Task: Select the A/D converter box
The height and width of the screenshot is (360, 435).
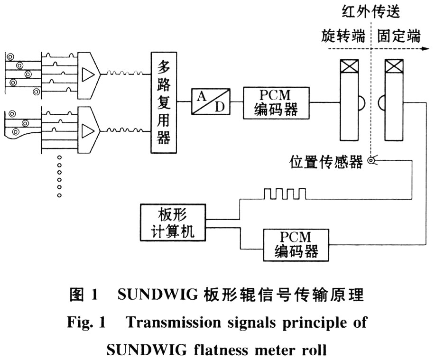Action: coord(211,101)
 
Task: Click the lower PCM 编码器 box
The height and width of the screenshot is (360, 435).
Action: coord(296,244)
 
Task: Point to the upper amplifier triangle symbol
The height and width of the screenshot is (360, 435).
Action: coord(88,74)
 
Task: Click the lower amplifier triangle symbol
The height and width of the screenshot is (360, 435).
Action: coord(88,129)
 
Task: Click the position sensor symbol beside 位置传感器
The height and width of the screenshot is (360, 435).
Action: coord(373,162)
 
